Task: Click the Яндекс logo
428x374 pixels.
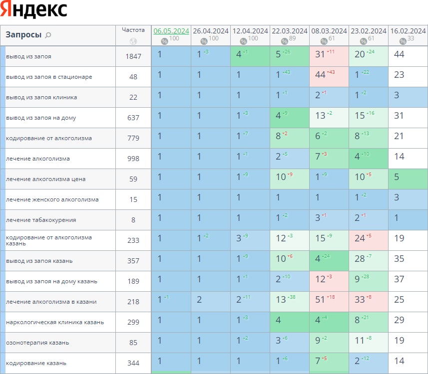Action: pyautogui.click(x=34, y=10)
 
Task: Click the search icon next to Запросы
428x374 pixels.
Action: pyautogui.click(x=48, y=35)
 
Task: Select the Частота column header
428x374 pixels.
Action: pyautogui.click(x=133, y=30)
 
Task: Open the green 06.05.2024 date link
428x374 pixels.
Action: pyautogui.click(x=171, y=31)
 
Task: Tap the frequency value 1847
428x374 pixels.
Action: pyautogui.click(x=133, y=56)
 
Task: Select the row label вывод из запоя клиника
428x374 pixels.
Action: pyautogui.click(x=41, y=97)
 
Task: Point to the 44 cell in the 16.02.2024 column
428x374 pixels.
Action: pyautogui.click(x=399, y=54)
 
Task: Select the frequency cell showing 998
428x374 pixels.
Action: pyautogui.click(x=133, y=159)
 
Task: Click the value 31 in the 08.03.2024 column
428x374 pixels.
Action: pyautogui.click(x=320, y=54)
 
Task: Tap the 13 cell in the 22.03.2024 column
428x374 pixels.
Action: pyautogui.click(x=281, y=300)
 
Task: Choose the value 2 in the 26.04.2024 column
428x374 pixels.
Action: pyautogui.click(x=199, y=300)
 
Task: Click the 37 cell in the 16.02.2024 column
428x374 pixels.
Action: pyautogui.click(x=399, y=279)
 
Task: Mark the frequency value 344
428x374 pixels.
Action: pyautogui.click(x=133, y=363)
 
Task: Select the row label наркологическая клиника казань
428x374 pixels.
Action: pyautogui.click(x=55, y=322)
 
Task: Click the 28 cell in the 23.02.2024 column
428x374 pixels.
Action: pyautogui.click(x=360, y=259)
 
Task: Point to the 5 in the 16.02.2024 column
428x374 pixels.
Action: pyautogui.click(x=397, y=177)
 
